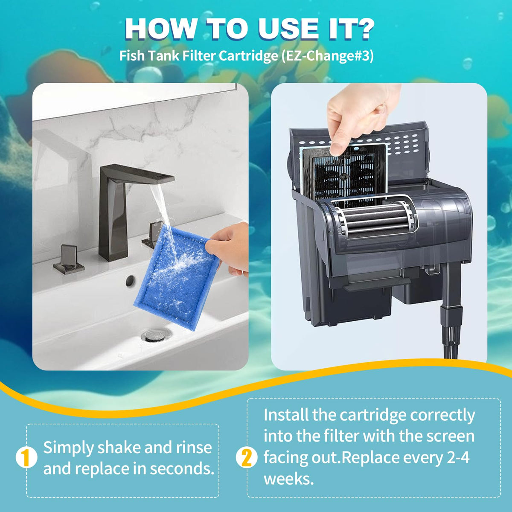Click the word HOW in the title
pyautogui.click(x=160, y=29)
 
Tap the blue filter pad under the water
pyautogui.click(x=177, y=278)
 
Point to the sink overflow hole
pyautogui.click(x=130, y=281)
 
